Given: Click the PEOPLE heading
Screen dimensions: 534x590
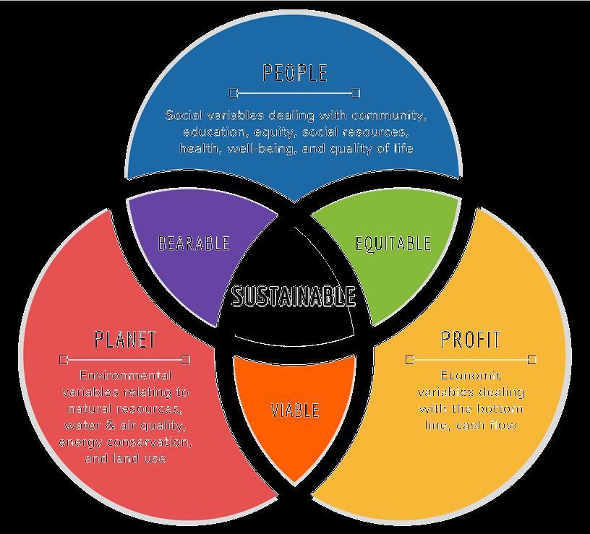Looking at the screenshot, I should [295, 73].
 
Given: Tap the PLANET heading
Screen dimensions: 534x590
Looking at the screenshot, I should [125, 340].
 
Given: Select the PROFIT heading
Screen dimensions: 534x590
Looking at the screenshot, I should [471, 340].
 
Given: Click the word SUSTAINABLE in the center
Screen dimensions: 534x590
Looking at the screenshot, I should [294, 296].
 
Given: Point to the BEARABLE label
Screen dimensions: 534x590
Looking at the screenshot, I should [194, 243].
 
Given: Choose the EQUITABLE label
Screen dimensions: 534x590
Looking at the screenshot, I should [393, 243].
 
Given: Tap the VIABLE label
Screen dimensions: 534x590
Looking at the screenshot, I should [294, 410].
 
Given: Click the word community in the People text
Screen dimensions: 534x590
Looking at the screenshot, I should [391, 116].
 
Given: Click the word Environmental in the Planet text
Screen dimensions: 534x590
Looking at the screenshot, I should [126, 376].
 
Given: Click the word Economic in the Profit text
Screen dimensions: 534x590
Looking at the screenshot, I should [471, 376].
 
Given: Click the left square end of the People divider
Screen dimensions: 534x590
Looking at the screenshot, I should [233, 92].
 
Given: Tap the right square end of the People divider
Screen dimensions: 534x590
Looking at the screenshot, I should [356, 92].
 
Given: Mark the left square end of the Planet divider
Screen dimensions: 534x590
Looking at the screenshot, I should [64, 359].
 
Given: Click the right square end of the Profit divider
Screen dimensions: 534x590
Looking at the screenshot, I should [532, 359].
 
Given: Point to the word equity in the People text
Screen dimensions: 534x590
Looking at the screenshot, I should [275, 132].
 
